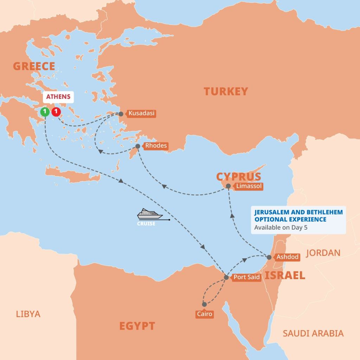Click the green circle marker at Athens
pyautogui.click(x=45, y=112)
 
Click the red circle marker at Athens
pyautogui.click(x=56, y=112)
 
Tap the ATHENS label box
pyautogui.click(x=58, y=97)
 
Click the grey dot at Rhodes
pyautogui.click(x=138, y=146)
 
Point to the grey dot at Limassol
pyautogui.click(x=229, y=186)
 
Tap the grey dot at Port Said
pyautogui.click(x=226, y=277)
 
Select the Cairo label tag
pyautogui.click(x=205, y=314)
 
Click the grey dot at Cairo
pyautogui.click(x=204, y=304)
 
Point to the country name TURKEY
pyautogui.click(x=226, y=91)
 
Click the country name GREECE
pyautogui.click(x=34, y=66)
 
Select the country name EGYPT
pyautogui.click(x=137, y=326)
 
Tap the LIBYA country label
pyautogui.click(x=28, y=314)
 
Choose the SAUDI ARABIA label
pyautogui.click(x=313, y=333)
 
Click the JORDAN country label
pyautogui.click(x=323, y=252)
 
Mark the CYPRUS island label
pyautogui.click(x=239, y=176)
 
